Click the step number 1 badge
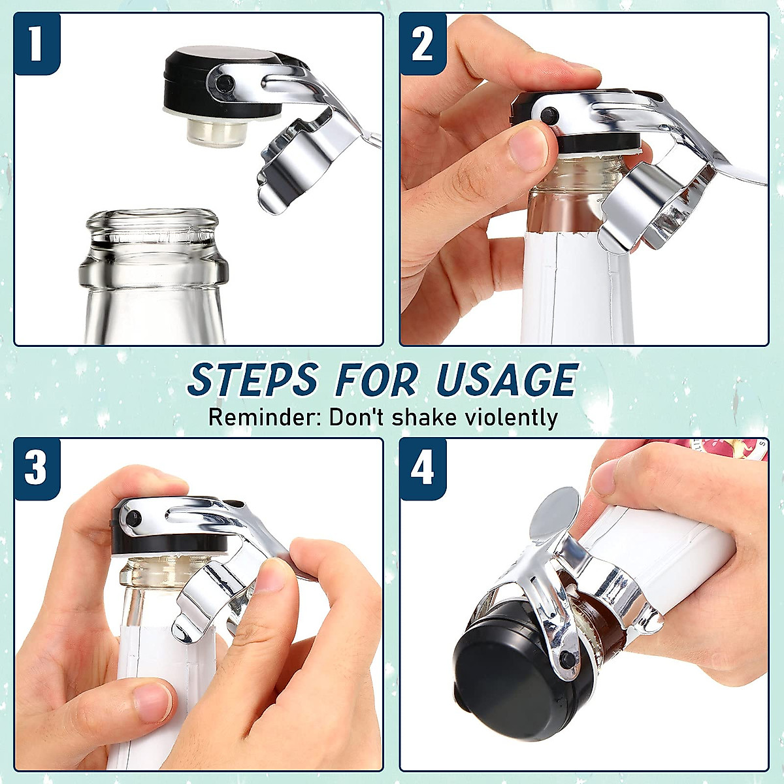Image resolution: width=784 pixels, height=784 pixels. coord(36,43)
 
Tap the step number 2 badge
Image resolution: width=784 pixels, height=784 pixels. coord(423,43)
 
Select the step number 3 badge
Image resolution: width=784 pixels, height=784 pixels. coord(36,468)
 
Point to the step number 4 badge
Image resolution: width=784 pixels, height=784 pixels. coord(423,468)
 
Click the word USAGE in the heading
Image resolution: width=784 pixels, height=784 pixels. coord(507,380)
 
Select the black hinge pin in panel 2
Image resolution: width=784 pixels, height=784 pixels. coord(547,115)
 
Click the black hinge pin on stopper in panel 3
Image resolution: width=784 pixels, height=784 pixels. coord(133,520)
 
